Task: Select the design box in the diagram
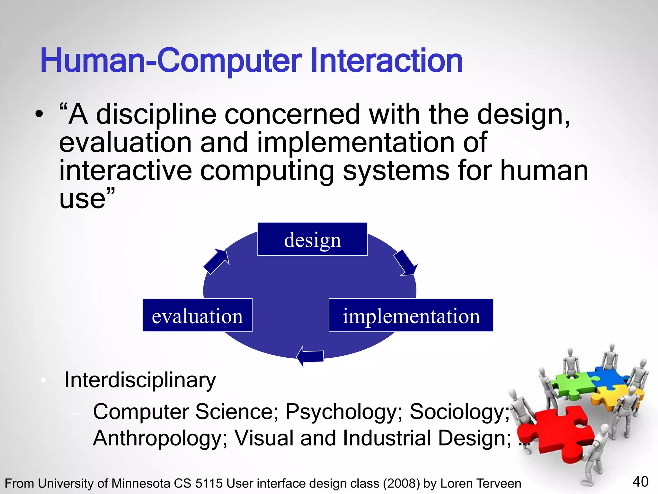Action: tap(312, 239)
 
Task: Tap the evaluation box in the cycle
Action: tap(197, 316)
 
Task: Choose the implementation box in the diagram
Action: tap(411, 316)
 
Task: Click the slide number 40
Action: tap(640, 482)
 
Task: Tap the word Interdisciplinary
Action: tap(140, 380)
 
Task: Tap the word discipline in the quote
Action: tap(156, 115)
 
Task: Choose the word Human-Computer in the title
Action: tap(170, 61)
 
